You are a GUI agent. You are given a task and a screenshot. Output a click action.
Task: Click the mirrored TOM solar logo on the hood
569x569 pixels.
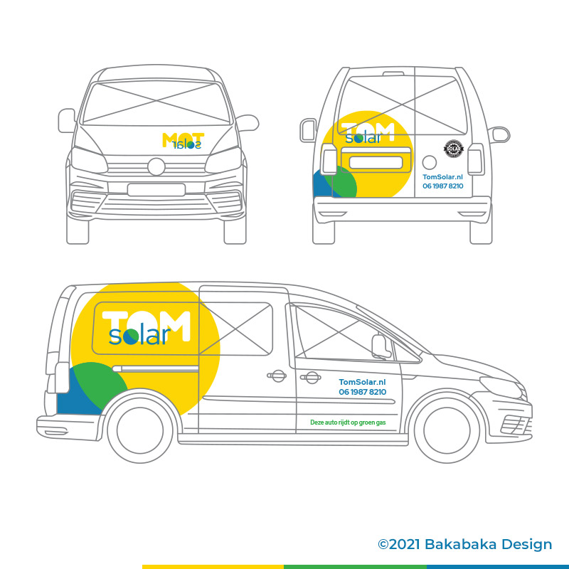pyautogui.click(x=184, y=140)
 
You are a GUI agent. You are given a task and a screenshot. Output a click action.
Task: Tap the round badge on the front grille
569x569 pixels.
pyautogui.click(x=156, y=167)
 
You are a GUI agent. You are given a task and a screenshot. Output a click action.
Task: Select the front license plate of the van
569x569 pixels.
pyautogui.click(x=156, y=190)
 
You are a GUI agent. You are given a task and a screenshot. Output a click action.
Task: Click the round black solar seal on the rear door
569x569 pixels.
pyautogui.click(x=453, y=149)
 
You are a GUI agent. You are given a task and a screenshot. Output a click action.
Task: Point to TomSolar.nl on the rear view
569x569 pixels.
pyautogui.click(x=443, y=176)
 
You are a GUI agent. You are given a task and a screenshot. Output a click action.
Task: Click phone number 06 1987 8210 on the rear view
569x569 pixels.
pyautogui.click(x=443, y=186)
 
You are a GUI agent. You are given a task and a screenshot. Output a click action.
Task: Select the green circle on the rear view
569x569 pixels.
pyautogui.click(x=339, y=182)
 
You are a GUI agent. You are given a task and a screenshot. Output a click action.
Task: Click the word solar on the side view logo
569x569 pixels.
pyautogui.click(x=139, y=335)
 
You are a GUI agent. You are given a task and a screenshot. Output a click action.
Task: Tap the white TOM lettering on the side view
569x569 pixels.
pyautogui.click(x=146, y=319)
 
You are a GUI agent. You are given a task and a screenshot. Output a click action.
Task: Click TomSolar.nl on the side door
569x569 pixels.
pyautogui.click(x=362, y=382)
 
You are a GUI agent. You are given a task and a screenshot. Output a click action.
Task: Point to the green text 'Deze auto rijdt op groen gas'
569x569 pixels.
pyautogui.click(x=348, y=422)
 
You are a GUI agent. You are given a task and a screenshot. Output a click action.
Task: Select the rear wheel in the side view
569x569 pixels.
pyautogui.click(x=140, y=430)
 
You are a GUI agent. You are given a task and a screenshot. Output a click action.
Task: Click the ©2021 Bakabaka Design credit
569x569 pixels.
pyautogui.click(x=464, y=544)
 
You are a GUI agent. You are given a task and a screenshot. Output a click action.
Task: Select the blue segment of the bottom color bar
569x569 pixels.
pyautogui.click(x=498, y=566)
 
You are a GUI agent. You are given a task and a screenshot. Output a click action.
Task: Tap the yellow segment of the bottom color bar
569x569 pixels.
pyautogui.click(x=213, y=566)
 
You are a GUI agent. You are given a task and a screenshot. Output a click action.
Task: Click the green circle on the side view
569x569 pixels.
pyautogui.click(x=96, y=388)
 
